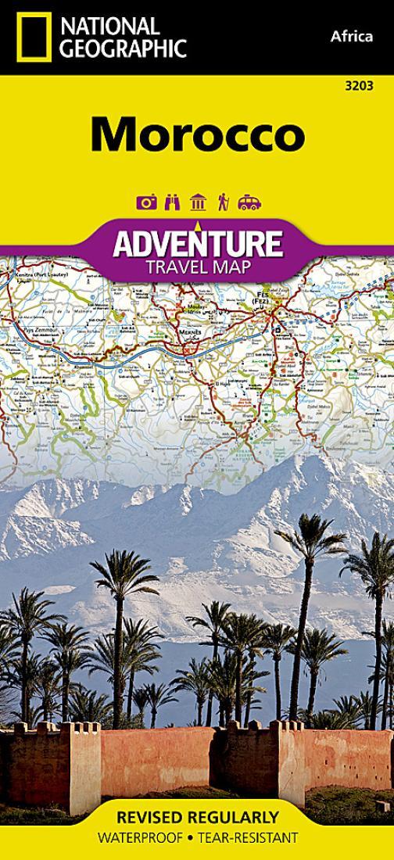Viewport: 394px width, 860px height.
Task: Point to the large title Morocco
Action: coord(197,134)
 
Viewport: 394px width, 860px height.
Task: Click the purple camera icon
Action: coord(146,202)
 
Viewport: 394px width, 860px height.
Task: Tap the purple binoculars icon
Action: coord(172,202)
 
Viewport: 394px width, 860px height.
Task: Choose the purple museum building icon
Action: coord(198,202)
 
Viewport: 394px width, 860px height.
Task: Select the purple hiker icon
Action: coord(223,202)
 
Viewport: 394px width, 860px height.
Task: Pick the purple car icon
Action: coord(249,202)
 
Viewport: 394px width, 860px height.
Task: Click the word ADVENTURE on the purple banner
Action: coord(197,245)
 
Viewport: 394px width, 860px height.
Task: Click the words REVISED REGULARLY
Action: coord(197,817)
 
